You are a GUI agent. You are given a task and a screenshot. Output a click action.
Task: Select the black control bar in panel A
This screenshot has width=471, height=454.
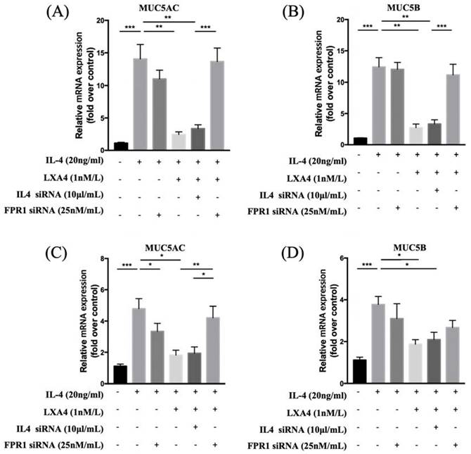point(121,146)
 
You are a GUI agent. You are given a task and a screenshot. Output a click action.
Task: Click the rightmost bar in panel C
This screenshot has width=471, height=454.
point(215,351)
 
